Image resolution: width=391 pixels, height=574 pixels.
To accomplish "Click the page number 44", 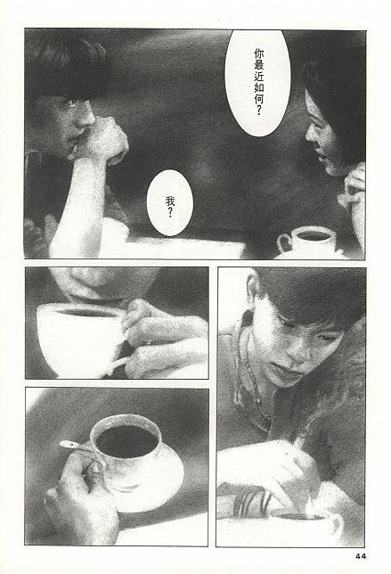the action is click(x=361, y=556).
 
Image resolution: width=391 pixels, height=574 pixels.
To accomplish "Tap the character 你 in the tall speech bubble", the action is click(x=259, y=54).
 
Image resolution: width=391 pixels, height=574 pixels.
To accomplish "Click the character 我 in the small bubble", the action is click(x=170, y=201).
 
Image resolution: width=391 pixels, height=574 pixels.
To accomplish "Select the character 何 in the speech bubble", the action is click(x=259, y=98).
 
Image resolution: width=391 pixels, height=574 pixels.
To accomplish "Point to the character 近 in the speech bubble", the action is click(x=259, y=77).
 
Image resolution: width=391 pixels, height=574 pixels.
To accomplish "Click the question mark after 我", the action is click(x=170, y=213).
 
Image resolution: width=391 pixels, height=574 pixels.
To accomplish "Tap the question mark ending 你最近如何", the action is click(x=259, y=111).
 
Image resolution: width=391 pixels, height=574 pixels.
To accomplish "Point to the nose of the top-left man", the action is click(x=86, y=117).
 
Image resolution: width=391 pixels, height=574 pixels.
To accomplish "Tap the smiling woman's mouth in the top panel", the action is click(x=321, y=156).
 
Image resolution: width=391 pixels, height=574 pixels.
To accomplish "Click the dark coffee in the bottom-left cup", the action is click(x=126, y=440).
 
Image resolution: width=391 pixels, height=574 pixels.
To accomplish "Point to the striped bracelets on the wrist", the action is click(x=252, y=503).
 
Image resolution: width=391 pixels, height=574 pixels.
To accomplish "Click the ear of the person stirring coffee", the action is click(x=251, y=287).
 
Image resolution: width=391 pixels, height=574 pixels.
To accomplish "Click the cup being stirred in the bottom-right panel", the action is click(x=304, y=524).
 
